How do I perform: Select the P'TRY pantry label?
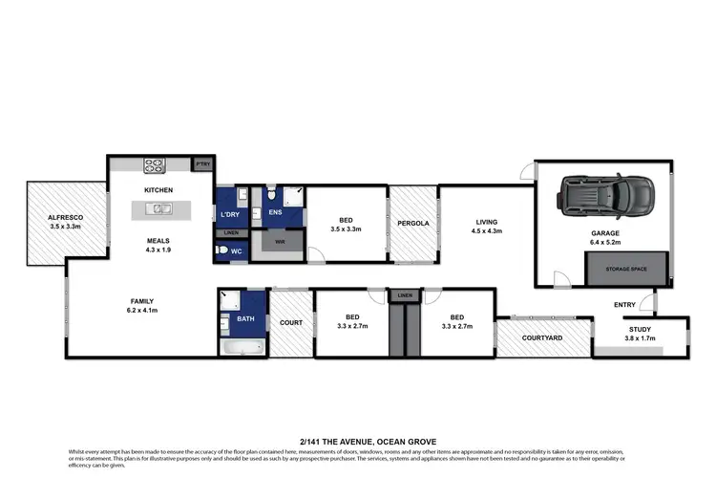click(202, 164)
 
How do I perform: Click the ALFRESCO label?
click(66, 218)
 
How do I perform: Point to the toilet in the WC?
click(224, 251)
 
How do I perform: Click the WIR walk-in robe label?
click(280, 242)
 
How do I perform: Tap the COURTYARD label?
click(541, 338)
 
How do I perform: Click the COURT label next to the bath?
click(291, 322)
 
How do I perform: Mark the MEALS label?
click(158, 241)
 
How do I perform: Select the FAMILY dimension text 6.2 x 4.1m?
click(142, 311)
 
